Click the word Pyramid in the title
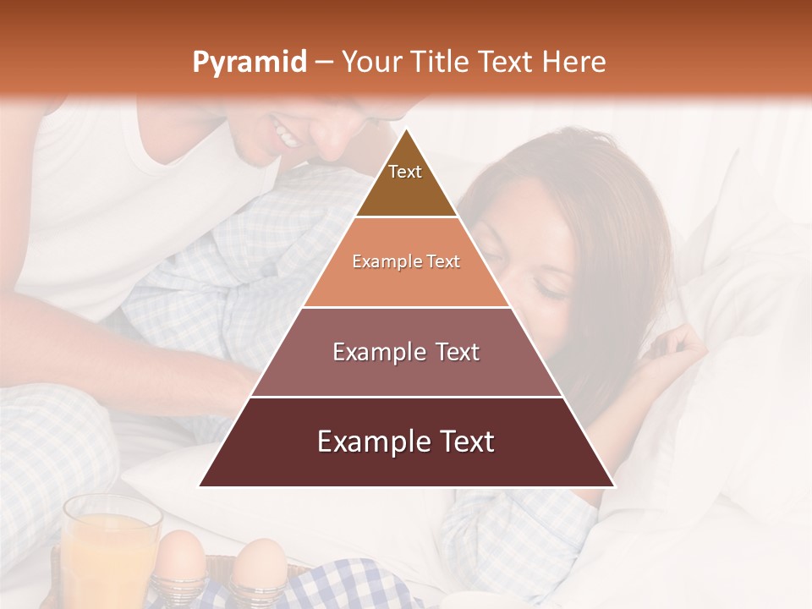point(249,63)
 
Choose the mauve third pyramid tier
point(406,352)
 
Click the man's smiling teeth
point(286,134)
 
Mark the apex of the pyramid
point(406,129)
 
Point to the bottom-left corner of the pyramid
point(200,486)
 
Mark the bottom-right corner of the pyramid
point(614,486)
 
